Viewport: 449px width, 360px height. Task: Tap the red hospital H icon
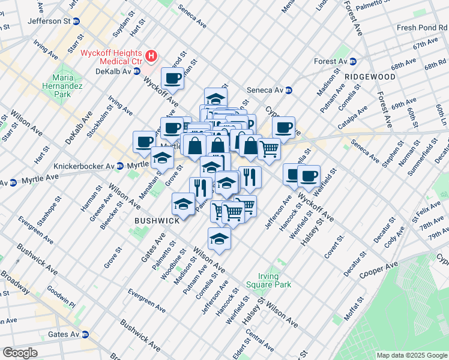151,56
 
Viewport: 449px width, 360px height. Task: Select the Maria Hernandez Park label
67,86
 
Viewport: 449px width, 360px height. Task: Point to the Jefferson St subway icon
76,21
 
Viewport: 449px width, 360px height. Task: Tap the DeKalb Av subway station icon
136,71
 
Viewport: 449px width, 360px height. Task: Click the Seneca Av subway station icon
288,90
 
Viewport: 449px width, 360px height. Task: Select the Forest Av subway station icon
353,61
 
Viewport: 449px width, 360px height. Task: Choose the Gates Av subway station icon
85,334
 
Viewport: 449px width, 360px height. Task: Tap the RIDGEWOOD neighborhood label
370,77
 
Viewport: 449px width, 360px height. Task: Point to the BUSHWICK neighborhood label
157,221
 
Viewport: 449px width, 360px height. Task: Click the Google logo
20,353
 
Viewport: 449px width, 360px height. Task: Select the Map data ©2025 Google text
411,355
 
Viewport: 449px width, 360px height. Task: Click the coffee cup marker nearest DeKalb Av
172,78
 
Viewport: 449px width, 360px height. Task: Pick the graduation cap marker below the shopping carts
220,239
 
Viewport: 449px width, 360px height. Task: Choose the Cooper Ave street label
379,269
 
